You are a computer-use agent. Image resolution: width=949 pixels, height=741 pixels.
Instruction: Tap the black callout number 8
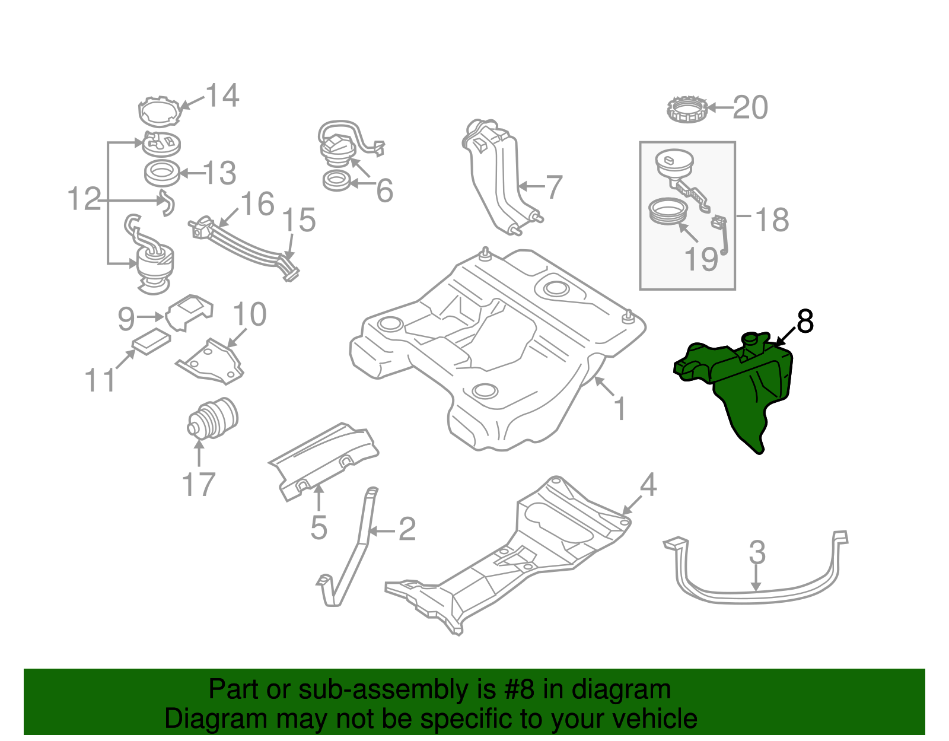click(805, 322)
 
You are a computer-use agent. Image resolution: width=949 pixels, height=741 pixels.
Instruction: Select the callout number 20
click(750, 108)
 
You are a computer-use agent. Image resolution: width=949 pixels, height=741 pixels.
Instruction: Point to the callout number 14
click(222, 96)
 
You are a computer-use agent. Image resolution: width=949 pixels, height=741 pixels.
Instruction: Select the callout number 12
click(84, 199)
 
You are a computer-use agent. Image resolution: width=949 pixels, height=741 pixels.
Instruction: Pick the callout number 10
click(249, 314)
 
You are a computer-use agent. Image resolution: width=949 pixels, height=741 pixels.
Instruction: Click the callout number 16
click(257, 204)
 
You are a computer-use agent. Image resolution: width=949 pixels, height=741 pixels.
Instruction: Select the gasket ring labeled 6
click(337, 181)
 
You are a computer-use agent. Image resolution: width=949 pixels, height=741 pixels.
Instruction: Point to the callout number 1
click(620, 409)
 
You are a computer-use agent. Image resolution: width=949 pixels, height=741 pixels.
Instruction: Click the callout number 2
click(407, 529)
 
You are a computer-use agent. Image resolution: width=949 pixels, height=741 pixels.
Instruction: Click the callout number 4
click(648, 485)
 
